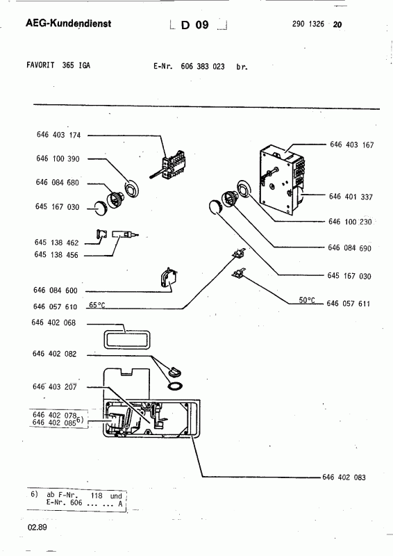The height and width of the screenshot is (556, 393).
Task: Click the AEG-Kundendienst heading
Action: click(69, 24)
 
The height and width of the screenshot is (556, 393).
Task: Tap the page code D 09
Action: click(195, 25)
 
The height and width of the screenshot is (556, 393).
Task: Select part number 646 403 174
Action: click(59, 135)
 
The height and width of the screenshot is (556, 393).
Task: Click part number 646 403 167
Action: click(352, 145)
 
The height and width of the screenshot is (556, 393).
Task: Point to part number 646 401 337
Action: click(351, 197)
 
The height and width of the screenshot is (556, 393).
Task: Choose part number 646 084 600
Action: click(56, 291)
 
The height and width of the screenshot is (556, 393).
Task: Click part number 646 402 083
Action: click(344, 477)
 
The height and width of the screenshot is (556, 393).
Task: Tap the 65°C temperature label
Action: click(97, 305)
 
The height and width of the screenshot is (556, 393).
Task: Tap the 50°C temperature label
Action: click(307, 300)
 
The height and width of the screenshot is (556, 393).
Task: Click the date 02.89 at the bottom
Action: click(37, 528)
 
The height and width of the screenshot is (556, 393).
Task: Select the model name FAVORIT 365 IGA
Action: click(58, 65)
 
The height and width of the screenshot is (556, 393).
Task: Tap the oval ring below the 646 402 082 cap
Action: click(175, 386)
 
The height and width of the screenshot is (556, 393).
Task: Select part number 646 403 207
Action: click(55, 387)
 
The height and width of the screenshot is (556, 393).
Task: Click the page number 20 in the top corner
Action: click(337, 24)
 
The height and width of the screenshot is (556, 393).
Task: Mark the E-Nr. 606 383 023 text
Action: click(190, 66)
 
